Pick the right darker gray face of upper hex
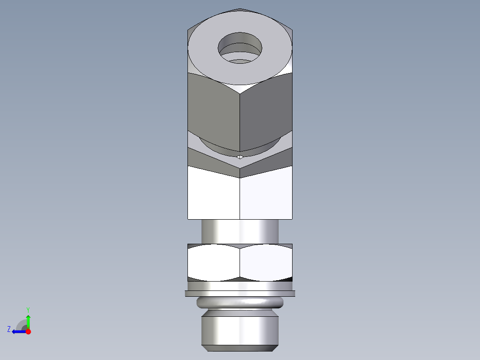[x=266, y=111]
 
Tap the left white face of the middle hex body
[x=214, y=194]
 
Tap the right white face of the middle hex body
[x=266, y=194]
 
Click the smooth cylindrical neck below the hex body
[x=240, y=231]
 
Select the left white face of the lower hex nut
[x=214, y=263]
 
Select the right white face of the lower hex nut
[x=266, y=263]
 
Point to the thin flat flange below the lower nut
[x=240, y=294]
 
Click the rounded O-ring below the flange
[x=240, y=303]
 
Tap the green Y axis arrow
[x=28, y=320]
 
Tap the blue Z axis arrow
[x=18, y=331]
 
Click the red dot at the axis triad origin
[x=28, y=331]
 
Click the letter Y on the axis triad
[x=28, y=309]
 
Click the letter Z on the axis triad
[x=9, y=329]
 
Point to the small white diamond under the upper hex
[x=240, y=157]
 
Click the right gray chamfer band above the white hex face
[x=267, y=160]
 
